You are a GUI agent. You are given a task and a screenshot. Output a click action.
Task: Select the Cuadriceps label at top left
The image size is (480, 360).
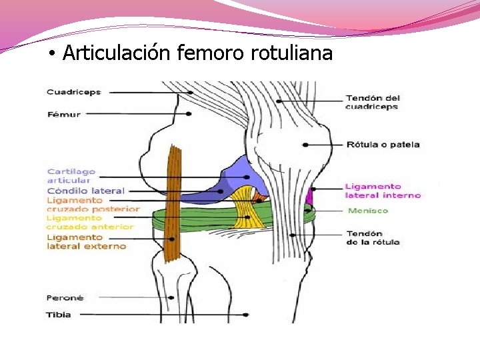tap(73, 92)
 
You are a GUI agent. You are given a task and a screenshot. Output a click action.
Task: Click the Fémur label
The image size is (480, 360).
tap(64, 114)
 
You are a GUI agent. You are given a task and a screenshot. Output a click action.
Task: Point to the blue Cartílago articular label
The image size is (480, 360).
tap(71, 176)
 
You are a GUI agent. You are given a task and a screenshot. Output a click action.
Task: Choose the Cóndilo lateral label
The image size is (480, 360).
tap(85, 191)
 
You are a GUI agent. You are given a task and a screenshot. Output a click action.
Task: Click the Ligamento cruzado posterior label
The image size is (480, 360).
tap(93, 205)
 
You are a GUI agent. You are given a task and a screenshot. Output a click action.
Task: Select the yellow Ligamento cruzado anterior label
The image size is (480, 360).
tap(89, 222)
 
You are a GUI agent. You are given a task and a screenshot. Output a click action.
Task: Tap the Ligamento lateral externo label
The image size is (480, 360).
tap(86, 241)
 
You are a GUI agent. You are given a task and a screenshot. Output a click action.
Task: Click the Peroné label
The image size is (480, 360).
tap(65, 298)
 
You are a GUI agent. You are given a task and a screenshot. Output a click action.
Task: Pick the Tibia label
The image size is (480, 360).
tap(59, 314)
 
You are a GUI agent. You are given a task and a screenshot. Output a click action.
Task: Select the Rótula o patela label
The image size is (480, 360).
tap(382, 144)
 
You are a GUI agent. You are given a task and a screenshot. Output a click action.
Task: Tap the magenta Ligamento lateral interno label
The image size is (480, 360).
tap(382, 191)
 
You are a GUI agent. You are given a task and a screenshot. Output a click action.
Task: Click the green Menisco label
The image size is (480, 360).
tap(367, 211)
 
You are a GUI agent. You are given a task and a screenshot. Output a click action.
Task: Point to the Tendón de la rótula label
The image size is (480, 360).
tap(373, 237)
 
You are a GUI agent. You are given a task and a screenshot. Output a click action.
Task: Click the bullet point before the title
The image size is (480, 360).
tap(51, 53)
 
